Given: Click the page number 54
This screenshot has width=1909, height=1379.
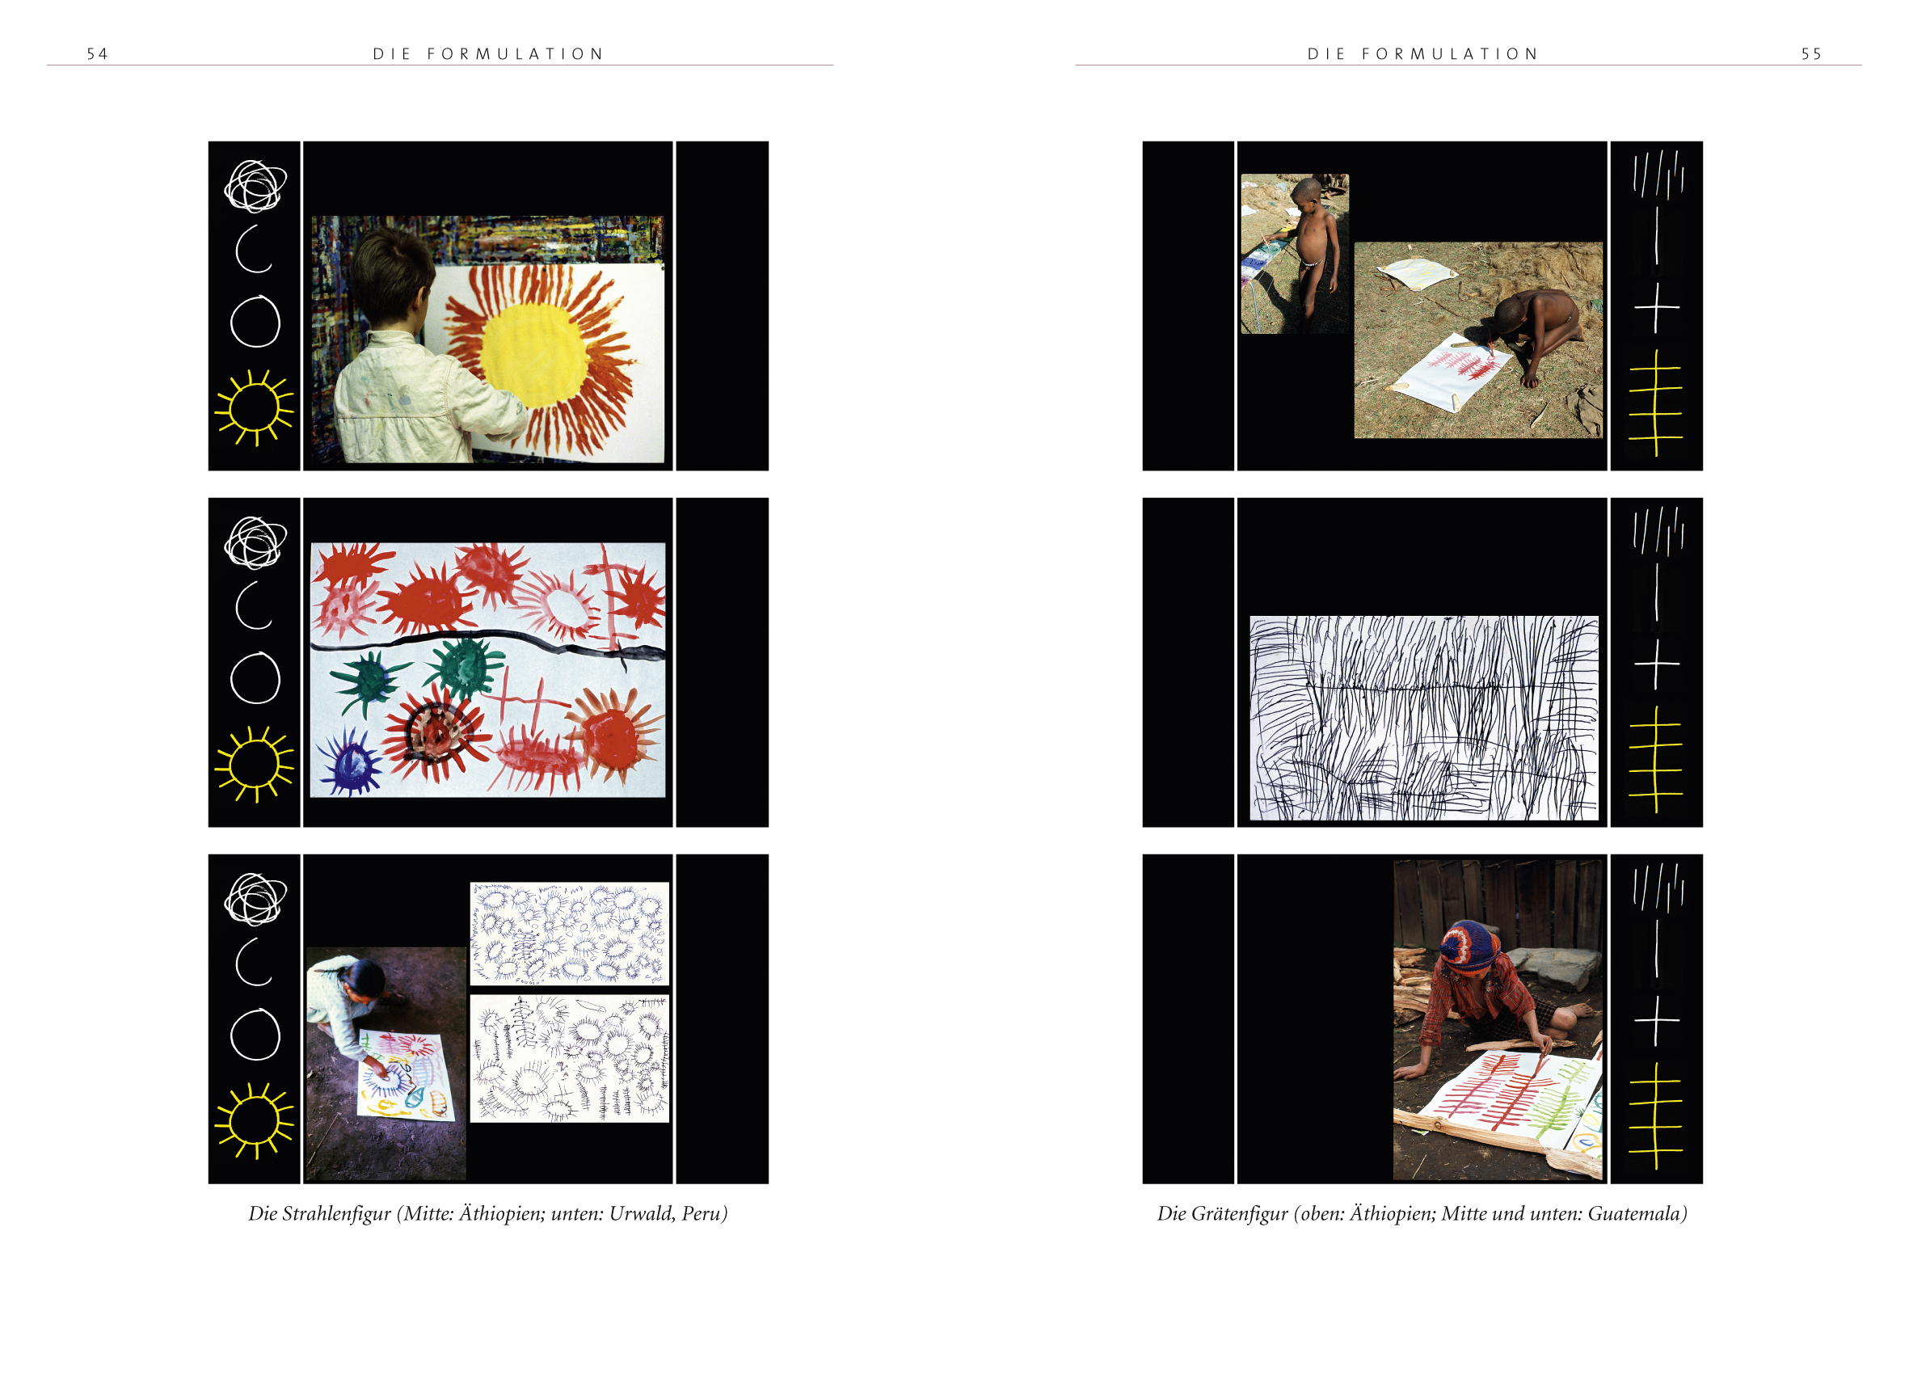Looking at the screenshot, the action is (98, 54).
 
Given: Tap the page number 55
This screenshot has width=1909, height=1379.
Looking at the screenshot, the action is (1811, 54).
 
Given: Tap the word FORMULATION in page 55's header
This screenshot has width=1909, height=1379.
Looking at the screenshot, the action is (1450, 54).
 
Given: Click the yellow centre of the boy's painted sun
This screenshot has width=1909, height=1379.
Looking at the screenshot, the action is (533, 353).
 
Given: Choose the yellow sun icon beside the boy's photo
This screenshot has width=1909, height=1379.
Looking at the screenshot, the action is (255, 407).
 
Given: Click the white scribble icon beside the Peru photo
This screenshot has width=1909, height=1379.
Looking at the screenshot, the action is (255, 899).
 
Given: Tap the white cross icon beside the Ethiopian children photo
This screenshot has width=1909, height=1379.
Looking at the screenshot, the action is (1657, 307).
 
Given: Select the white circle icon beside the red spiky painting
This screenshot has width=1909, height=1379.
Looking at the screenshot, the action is (255, 677).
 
